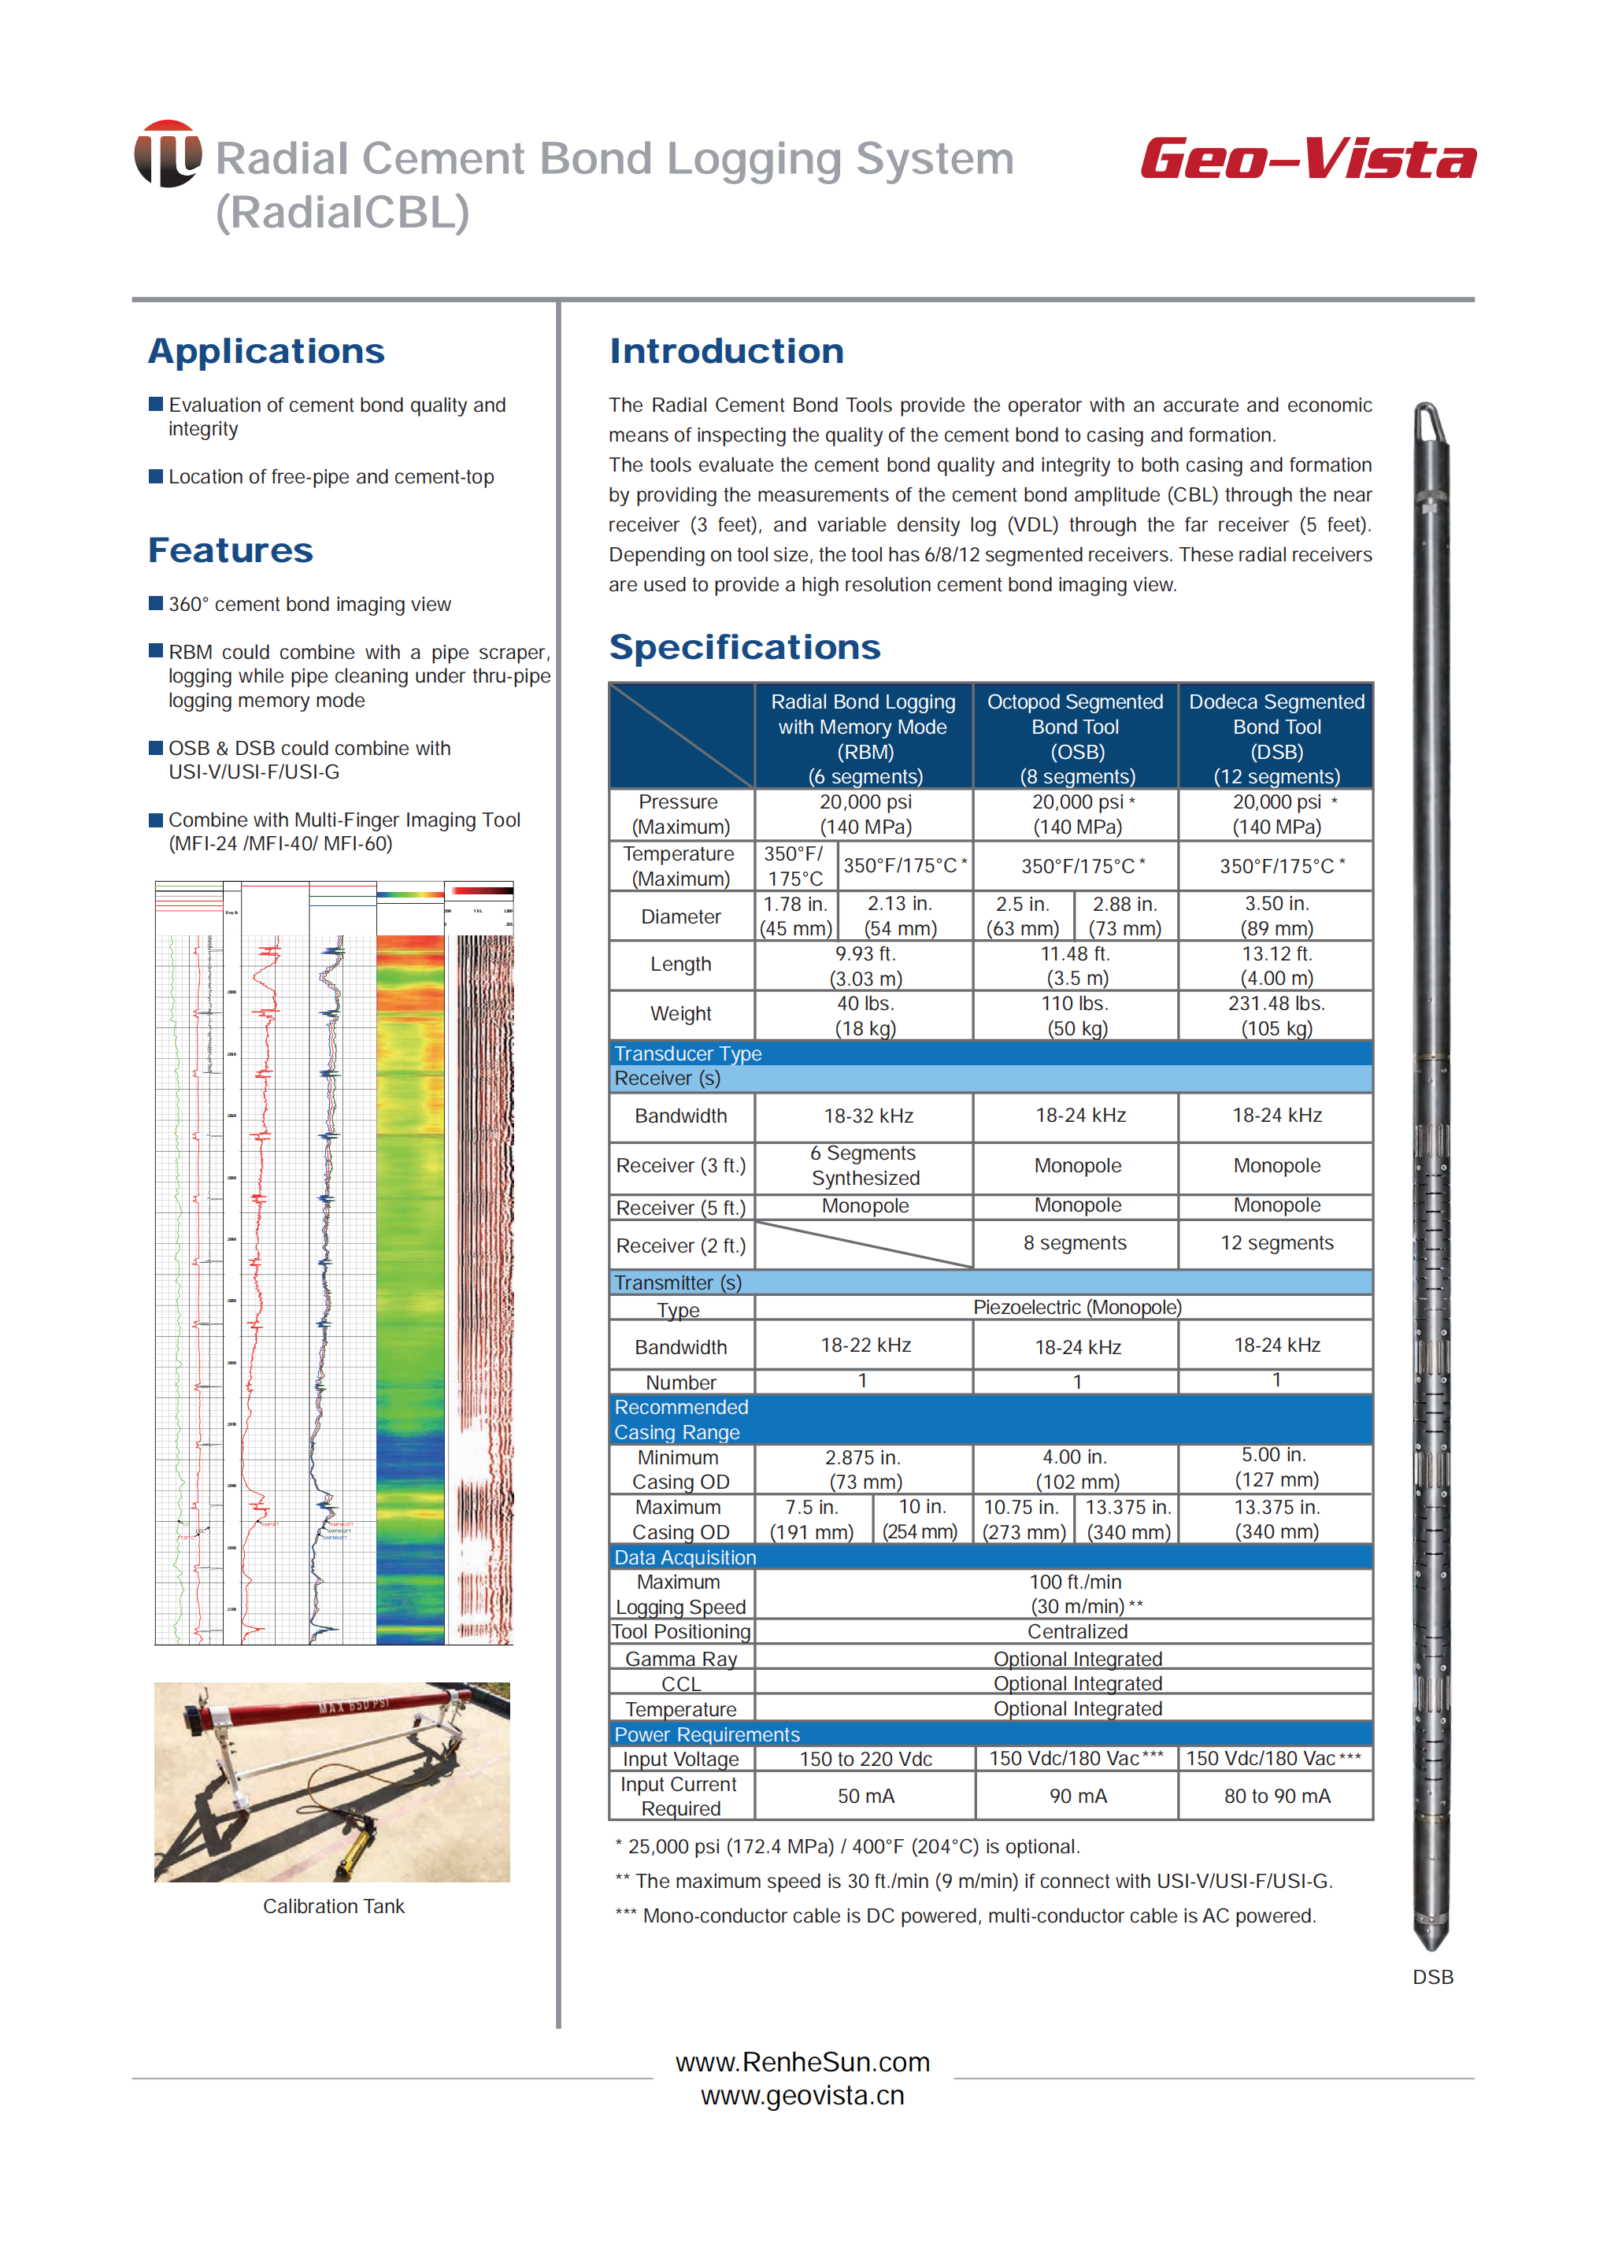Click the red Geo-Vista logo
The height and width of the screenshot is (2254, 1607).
click(1307, 159)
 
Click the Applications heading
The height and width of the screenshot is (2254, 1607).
click(266, 351)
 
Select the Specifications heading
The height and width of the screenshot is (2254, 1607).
click(744, 647)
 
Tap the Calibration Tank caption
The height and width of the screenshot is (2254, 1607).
click(334, 1906)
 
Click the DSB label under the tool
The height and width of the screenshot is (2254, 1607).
click(1432, 1976)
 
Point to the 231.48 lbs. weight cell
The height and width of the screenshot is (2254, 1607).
click(1276, 1015)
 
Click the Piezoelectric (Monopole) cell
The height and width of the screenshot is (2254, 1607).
click(1076, 1307)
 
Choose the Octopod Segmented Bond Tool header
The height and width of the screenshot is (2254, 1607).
click(1076, 738)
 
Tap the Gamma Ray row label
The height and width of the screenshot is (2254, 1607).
click(681, 1658)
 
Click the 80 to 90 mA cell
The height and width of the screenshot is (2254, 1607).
click(1276, 1796)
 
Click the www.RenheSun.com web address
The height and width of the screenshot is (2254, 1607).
click(802, 2062)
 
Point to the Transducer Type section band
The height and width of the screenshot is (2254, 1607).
click(990, 1053)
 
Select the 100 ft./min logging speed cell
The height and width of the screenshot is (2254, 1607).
click(1076, 1593)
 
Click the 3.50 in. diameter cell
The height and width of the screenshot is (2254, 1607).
click(1276, 916)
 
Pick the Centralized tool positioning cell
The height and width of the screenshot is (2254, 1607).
click(1076, 1631)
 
